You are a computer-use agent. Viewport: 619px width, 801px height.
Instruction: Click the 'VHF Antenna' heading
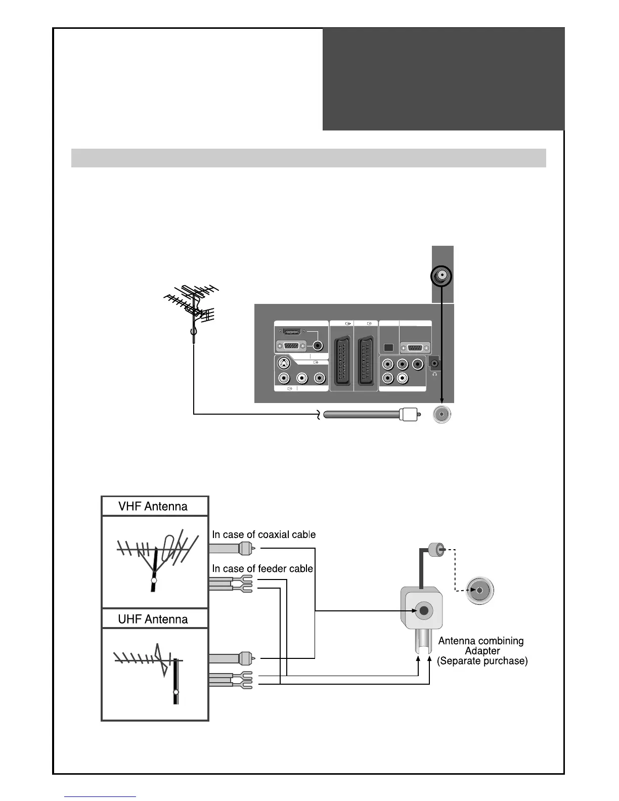pyautogui.click(x=153, y=507)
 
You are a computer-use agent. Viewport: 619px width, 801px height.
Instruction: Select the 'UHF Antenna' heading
pyautogui.click(x=153, y=619)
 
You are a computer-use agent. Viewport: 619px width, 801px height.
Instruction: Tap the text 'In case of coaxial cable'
pyautogui.click(x=263, y=535)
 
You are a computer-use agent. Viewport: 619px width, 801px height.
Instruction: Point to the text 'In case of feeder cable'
pyautogui.click(x=262, y=569)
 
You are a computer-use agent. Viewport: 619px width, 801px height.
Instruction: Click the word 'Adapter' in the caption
pyautogui.click(x=482, y=651)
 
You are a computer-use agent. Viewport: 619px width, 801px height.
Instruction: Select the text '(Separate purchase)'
pyautogui.click(x=482, y=661)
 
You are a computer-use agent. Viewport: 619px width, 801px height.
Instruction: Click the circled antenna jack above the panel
pyautogui.click(x=442, y=277)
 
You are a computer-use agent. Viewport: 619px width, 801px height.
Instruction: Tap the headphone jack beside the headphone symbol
pyautogui.click(x=434, y=363)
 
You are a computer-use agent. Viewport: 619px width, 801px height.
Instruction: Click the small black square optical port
pyautogui.click(x=388, y=348)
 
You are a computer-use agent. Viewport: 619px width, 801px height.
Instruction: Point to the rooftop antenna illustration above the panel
pyautogui.click(x=192, y=308)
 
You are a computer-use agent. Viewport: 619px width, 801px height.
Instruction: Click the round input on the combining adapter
pyautogui.click(x=424, y=611)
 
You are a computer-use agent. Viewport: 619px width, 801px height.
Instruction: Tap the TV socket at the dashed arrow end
pyautogui.click(x=479, y=591)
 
